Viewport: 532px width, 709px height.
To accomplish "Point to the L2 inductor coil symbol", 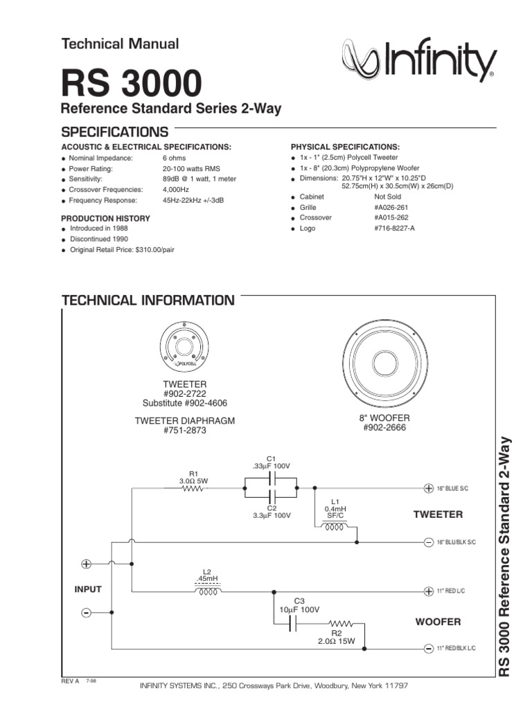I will click(x=208, y=592).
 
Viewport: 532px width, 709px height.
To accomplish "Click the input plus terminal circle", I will click(x=87, y=564).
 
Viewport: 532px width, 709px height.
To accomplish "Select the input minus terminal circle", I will click(x=87, y=613).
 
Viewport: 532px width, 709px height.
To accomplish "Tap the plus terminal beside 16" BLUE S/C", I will click(x=429, y=489).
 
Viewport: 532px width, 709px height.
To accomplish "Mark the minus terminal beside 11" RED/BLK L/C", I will click(x=429, y=648).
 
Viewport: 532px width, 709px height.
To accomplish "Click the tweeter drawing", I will click(x=184, y=346).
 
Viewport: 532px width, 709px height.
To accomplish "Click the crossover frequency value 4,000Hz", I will click(x=177, y=189).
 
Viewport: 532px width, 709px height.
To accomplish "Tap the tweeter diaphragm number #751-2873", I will click(x=184, y=431).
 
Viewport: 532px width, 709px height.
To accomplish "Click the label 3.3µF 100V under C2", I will click(x=271, y=517).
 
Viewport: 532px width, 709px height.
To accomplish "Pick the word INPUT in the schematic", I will click(x=88, y=590).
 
